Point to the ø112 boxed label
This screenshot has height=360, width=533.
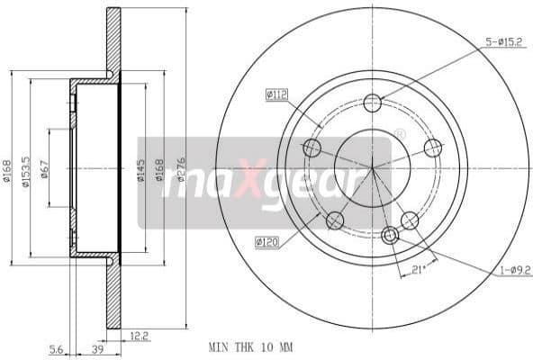[x=276, y=94]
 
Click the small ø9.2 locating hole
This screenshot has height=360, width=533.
[x=390, y=236]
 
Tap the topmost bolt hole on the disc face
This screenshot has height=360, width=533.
[x=373, y=103]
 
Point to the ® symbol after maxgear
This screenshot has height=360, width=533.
[x=400, y=134]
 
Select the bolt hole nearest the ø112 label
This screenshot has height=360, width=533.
[x=312, y=148]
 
